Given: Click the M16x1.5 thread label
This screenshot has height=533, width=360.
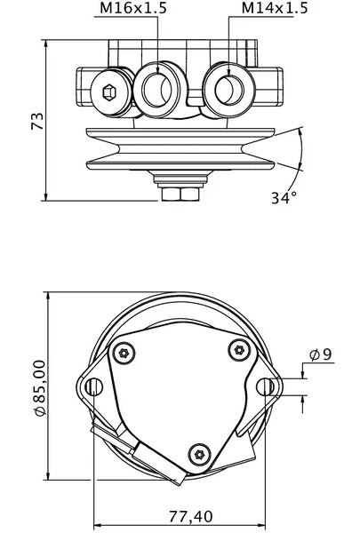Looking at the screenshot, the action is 133,8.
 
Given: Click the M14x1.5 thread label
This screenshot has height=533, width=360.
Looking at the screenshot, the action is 275,8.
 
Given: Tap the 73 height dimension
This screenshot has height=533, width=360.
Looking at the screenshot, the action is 37,121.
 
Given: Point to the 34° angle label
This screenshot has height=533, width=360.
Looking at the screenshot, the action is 284,197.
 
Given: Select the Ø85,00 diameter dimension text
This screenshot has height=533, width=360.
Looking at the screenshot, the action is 39,388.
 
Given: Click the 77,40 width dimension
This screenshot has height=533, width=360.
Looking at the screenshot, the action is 190,517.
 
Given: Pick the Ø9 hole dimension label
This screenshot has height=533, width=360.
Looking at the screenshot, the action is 320,354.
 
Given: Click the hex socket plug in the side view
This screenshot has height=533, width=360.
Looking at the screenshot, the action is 109,91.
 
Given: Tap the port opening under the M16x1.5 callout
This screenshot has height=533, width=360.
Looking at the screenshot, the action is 156,90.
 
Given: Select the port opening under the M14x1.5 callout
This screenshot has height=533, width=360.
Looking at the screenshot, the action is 229,90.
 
